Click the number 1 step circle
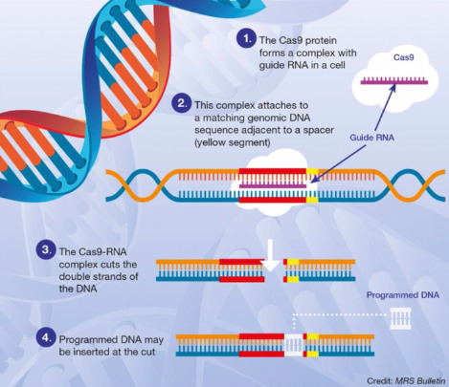246,39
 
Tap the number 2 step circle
181,103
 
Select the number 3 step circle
46,249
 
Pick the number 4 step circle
46,337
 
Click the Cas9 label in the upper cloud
404,57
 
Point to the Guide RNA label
371,138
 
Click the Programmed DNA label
403,295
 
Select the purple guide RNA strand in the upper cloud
394,81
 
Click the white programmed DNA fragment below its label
401,318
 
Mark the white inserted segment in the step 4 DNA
293,345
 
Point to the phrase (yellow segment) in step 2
233,142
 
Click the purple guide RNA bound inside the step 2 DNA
273,185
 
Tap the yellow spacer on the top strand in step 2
312,172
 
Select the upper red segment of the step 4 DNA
261,336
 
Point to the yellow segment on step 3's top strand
293,262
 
